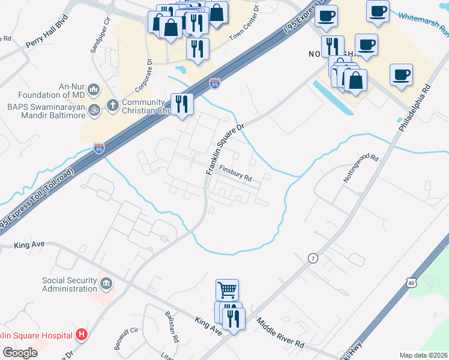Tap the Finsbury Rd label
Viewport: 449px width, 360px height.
pyautogui.click(x=234, y=173)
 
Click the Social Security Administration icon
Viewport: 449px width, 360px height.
pyautogui.click(x=106, y=283)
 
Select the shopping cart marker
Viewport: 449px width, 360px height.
pyautogui.click(x=227, y=290)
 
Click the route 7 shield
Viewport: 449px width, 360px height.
pyautogui.click(x=312, y=258)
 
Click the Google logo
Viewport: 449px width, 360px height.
pyautogui.click(x=20, y=353)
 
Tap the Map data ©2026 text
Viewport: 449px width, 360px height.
pyautogui.click(x=423, y=355)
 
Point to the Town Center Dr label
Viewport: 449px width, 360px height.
pyautogui.click(x=244, y=26)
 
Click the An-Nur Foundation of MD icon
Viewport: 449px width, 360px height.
pyautogui.click(x=94, y=90)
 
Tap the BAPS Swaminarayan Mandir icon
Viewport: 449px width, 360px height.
pyautogui.click(x=93, y=110)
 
